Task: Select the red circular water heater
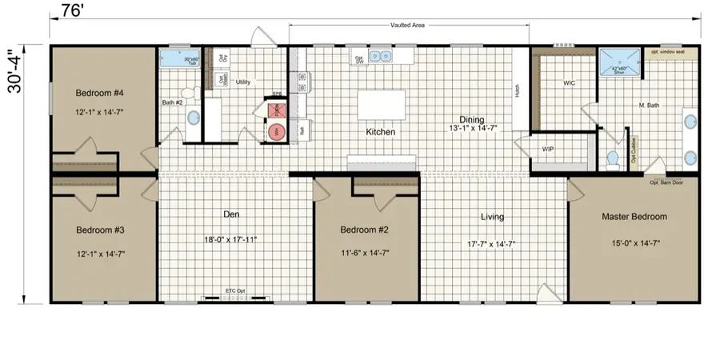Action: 277,130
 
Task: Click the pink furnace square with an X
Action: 276,110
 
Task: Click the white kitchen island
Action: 380,104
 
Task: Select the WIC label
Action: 570,83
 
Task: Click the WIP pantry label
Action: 548,149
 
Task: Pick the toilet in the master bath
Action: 614,160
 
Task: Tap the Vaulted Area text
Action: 408,25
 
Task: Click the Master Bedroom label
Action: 634,216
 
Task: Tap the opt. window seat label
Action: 666,52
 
